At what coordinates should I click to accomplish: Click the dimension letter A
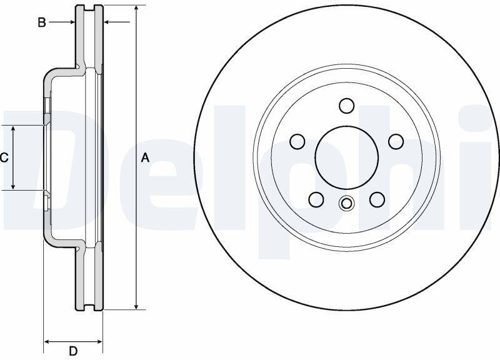point(145,157)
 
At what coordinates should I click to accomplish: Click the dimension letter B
point(42,22)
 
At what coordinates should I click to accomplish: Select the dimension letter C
point(4,157)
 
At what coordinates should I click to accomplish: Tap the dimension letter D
point(73,351)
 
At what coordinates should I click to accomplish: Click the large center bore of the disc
point(347,157)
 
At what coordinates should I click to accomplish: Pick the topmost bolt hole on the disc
point(347,106)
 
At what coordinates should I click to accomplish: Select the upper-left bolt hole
point(297,141)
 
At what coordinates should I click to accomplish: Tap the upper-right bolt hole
point(396,141)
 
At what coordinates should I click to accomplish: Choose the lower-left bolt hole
point(316,199)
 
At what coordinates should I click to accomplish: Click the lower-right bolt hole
point(377,199)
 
